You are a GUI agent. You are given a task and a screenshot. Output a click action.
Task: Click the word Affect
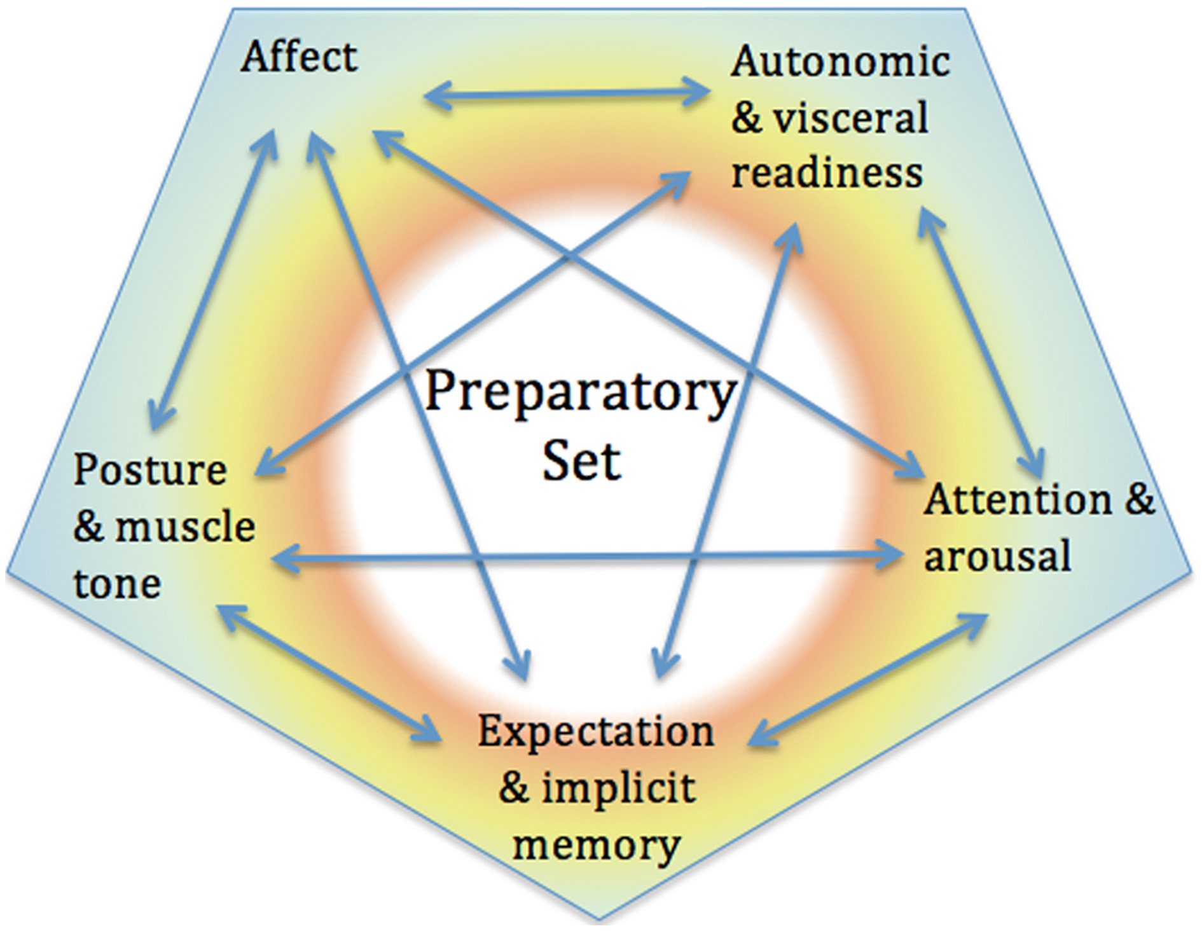click(x=298, y=57)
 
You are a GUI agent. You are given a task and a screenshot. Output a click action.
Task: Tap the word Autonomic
click(x=839, y=63)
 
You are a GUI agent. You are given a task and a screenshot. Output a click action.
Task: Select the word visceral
click(x=850, y=118)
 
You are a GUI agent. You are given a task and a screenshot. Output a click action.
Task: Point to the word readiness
click(x=827, y=172)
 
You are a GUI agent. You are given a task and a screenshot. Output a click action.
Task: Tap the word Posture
click(x=150, y=470)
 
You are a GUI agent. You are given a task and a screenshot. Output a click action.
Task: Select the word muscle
click(x=185, y=527)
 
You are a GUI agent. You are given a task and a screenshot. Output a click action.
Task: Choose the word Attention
click(x=1018, y=500)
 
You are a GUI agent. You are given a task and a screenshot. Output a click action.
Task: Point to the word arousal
click(x=997, y=556)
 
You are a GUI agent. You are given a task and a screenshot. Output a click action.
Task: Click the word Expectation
click(x=596, y=732)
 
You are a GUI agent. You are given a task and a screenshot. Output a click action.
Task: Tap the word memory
click(x=596, y=845)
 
